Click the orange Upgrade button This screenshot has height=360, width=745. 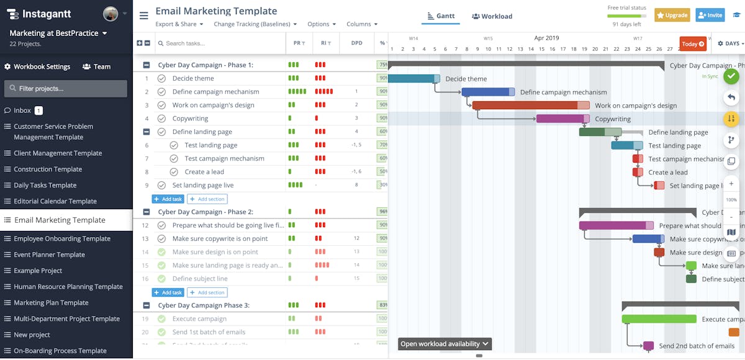(672, 15)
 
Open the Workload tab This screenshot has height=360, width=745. (492, 16)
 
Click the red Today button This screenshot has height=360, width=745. (693, 43)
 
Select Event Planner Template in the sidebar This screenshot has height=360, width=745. (49, 254)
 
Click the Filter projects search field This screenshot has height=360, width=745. (66, 89)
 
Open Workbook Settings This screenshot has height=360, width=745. (37, 66)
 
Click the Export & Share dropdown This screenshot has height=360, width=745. (179, 24)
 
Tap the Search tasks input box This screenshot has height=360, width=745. (217, 43)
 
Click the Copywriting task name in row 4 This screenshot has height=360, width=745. (190, 119)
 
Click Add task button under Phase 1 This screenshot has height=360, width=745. (168, 199)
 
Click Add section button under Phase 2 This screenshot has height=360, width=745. (207, 292)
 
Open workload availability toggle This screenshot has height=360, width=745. (445, 344)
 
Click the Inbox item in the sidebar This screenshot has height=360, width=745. (22, 110)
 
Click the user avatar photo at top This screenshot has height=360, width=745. (111, 14)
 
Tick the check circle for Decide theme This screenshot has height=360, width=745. (161, 79)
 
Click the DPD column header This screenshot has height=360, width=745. (356, 43)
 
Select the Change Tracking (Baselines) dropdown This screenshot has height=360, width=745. (255, 24)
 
